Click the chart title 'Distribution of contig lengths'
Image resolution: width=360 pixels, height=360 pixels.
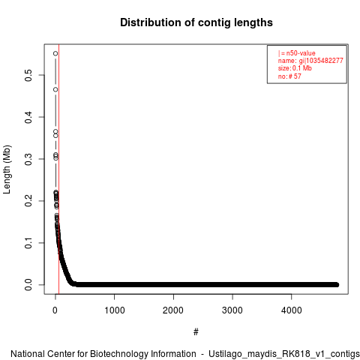tap(196, 22)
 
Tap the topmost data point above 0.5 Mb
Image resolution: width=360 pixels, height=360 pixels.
tap(55, 53)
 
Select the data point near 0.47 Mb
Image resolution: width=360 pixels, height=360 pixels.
tap(55, 89)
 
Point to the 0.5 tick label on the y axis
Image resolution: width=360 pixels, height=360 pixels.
tap(28, 75)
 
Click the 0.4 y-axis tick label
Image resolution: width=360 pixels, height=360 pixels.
tap(28, 117)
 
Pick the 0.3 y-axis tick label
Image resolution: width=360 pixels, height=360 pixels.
tap(28, 159)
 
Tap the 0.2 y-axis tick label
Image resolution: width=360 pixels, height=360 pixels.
tap(28, 201)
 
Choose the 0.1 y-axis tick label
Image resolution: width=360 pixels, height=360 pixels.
tap(28, 243)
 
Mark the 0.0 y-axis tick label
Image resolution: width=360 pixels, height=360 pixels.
tap(28, 285)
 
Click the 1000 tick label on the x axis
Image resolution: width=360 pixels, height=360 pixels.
tap(115, 310)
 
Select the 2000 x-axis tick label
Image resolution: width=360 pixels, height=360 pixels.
tap(173, 310)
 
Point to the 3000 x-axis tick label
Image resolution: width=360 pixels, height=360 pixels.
tap(232, 310)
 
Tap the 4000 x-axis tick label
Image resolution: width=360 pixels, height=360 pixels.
tap(292, 310)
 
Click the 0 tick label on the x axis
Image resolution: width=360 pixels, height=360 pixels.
tap(55, 310)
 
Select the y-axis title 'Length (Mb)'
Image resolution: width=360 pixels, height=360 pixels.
tap(7, 169)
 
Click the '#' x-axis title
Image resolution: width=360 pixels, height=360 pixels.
tap(196, 332)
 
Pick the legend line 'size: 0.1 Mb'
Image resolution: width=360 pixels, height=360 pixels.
tap(295, 68)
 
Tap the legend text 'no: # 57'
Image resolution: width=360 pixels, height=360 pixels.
tap(289, 76)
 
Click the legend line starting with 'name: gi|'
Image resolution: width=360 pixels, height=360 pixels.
tap(310, 61)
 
